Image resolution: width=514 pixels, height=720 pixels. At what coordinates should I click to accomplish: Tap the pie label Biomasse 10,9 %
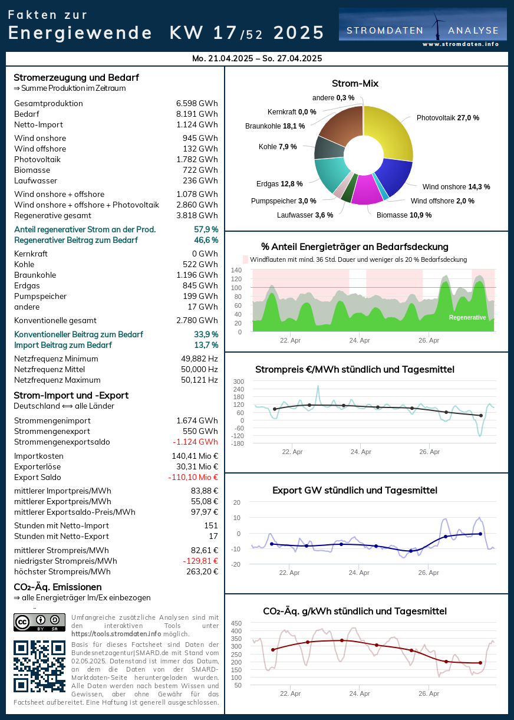pyautogui.click(x=404, y=215)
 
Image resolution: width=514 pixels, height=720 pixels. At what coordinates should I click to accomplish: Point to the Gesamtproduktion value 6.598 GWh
pyautogui.click(x=197, y=104)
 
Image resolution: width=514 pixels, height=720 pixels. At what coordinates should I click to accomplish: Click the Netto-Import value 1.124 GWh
pyautogui.click(x=197, y=125)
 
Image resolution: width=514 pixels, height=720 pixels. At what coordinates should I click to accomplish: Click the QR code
pyautogui.click(x=39, y=666)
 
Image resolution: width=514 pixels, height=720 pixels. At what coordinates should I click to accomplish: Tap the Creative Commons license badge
pyautogui.click(x=39, y=622)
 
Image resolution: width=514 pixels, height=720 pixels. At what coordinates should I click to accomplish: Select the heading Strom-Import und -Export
pyautogui.click(x=71, y=396)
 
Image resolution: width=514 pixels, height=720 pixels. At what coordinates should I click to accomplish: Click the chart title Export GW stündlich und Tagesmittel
pyautogui.click(x=355, y=491)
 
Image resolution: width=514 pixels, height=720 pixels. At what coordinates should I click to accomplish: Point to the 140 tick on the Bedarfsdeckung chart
pyautogui.click(x=236, y=270)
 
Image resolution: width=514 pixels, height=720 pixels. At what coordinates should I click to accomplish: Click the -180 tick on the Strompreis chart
pyautogui.click(x=238, y=443)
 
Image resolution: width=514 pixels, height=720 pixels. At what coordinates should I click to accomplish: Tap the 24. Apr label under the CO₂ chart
pyautogui.click(x=360, y=693)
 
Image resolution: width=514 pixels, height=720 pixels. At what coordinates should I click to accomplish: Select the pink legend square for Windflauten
pyautogui.click(x=246, y=259)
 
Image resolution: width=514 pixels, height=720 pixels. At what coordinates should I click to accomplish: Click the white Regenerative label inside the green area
pyautogui.click(x=467, y=317)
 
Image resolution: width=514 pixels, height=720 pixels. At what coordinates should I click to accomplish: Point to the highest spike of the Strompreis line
pyautogui.click(x=318, y=386)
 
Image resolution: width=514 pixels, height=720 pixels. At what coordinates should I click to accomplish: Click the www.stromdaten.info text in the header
pyautogui.click(x=460, y=44)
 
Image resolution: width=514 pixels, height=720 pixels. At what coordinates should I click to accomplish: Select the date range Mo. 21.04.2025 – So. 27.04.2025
pyautogui.click(x=257, y=58)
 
